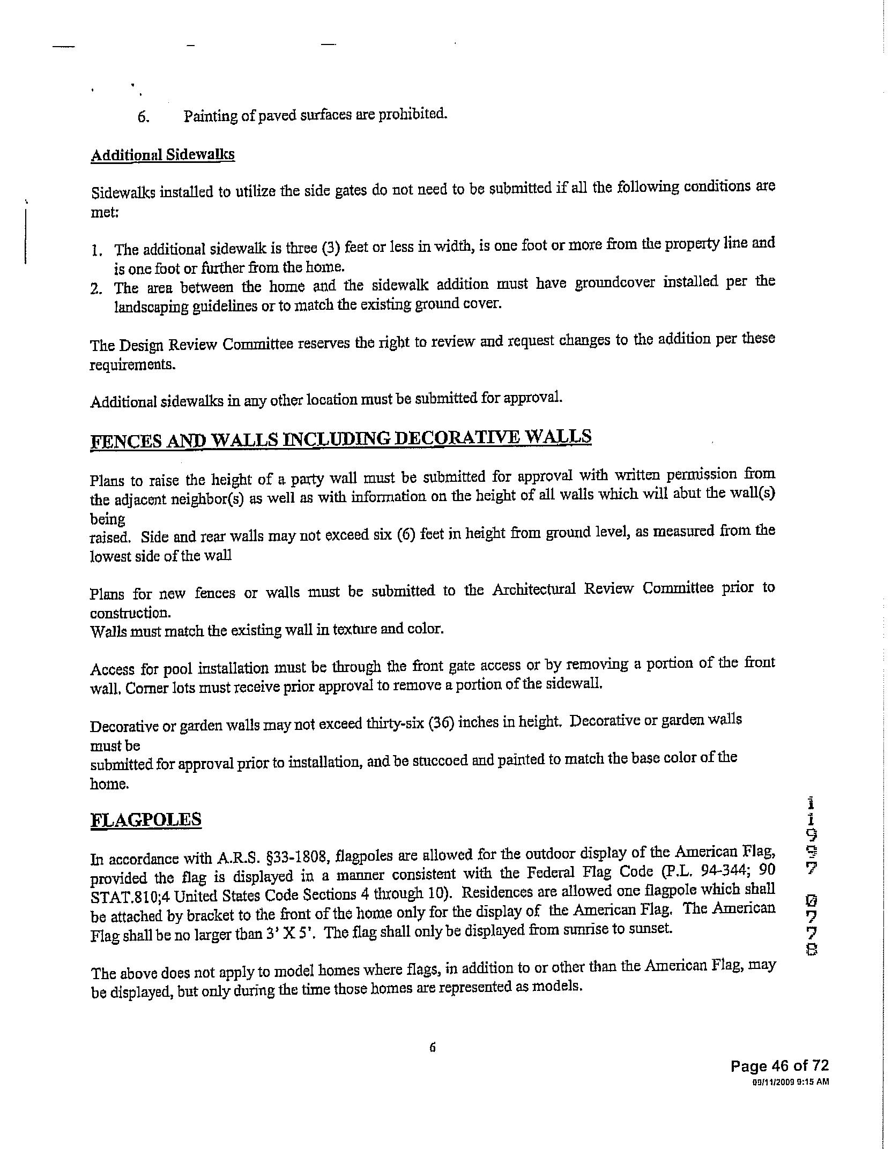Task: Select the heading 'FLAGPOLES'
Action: (x=146, y=820)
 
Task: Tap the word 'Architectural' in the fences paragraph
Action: (x=533, y=590)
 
